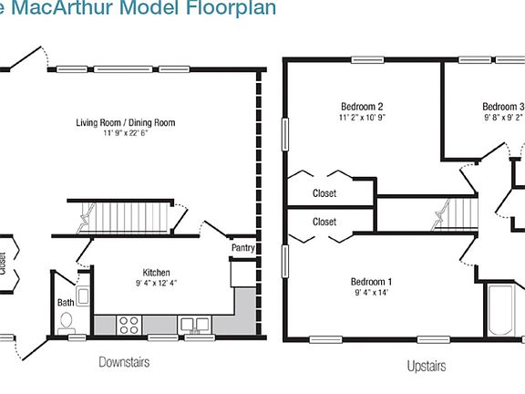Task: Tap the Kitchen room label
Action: click(156, 273)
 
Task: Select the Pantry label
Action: click(243, 248)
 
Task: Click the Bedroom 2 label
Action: click(361, 105)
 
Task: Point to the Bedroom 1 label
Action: click(373, 281)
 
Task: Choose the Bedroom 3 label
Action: click(502, 106)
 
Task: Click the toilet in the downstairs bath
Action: click(67, 322)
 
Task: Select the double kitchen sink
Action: click(194, 323)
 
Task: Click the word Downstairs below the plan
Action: click(124, 362)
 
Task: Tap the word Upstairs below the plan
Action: click(426, 367)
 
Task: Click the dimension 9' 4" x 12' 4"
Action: click(156, 284)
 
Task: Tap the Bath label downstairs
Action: click(66, 302)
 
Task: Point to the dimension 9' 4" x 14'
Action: click(373, 293)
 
